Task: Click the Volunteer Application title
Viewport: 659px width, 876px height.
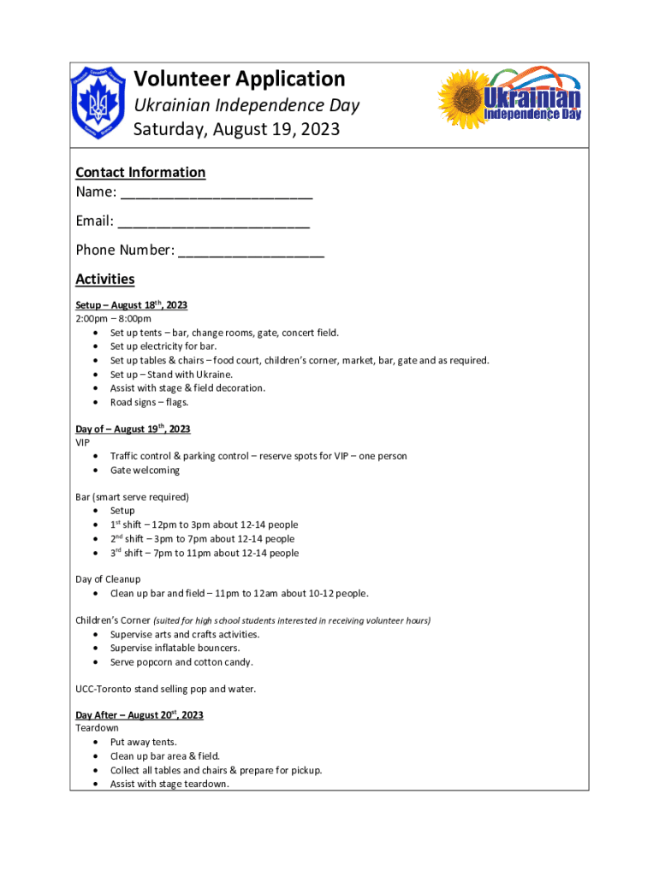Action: point(239,80)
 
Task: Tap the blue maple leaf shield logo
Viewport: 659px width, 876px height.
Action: point(98,104)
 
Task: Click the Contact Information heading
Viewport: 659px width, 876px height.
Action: point(140,172)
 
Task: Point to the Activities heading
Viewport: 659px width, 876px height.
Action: point(105,279)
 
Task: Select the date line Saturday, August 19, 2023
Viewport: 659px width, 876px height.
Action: point(236,129)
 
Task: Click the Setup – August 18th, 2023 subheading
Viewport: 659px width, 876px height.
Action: point(131,305)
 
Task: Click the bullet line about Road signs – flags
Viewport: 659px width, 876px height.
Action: point(149,402)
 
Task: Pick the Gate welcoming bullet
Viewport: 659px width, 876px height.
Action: point(145,471)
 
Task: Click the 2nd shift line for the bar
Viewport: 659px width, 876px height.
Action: point(202,539)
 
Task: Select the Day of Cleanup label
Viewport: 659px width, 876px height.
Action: point(108,579)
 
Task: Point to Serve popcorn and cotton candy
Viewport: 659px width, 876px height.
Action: point(181,662)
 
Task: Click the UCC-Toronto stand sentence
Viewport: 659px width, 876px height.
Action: point(165,689)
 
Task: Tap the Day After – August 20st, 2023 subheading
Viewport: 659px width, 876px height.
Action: point(139,714)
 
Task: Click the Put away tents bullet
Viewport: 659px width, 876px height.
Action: point(143,743)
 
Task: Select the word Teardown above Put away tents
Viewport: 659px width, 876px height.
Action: point(98,728)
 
